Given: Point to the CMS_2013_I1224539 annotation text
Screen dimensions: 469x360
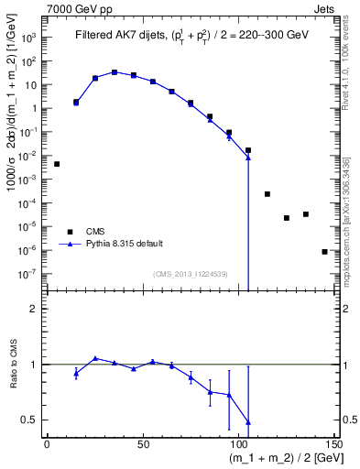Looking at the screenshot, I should coord(191,273).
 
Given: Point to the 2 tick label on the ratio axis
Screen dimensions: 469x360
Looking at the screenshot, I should coord(35,309).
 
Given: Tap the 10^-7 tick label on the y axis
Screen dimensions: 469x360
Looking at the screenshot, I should coord(27,273).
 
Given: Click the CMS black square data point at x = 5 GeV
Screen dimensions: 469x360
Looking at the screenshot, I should coord(57,164).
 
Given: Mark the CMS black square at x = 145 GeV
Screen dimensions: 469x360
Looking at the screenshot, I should coord(324,251).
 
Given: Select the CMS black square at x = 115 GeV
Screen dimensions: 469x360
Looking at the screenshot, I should coord(267,194).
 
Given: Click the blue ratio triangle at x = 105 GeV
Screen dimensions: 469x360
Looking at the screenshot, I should coord(248,422).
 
